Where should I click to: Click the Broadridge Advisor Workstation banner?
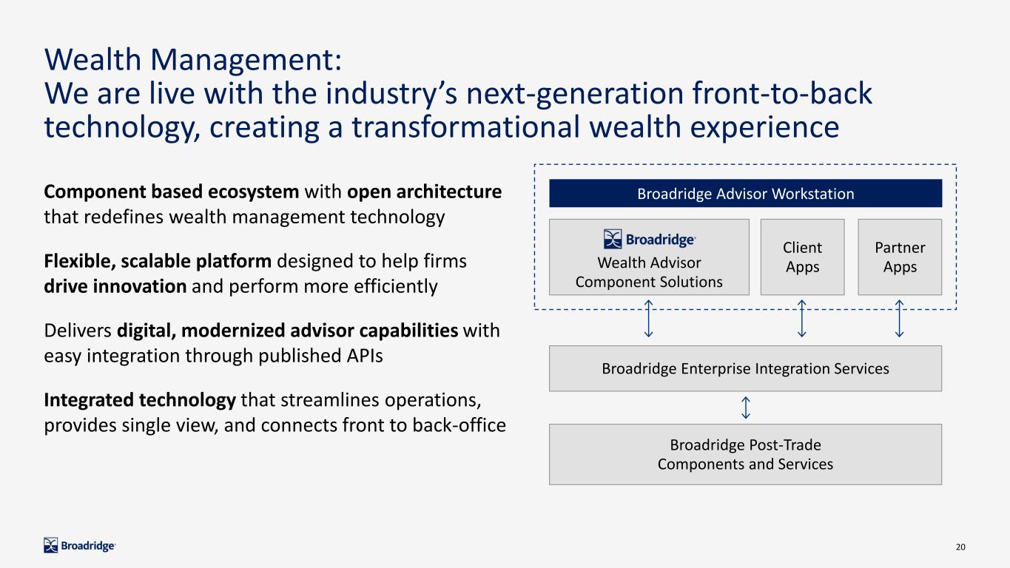tap(745, 193)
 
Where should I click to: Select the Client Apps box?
tap(802, 257)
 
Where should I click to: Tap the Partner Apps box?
tap(900, 257)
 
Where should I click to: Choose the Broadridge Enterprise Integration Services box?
tap(745, 368)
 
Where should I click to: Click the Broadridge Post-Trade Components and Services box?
tap(745, 454)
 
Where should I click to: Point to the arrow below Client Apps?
tap(801, 319)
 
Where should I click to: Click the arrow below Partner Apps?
tap(899, 319)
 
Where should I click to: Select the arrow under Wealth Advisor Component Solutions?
tap(648, 319)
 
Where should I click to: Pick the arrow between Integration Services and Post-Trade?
tap(746, 408)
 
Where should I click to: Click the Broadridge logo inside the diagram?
tap(650, 239)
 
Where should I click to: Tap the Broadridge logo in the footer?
tap(79, 546)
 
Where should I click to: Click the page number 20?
tap(960, 547)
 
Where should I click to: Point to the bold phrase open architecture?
tap(424, 192)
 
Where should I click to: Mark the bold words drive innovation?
tap(115, 286)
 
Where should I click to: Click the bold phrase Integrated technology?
tap(140, 400)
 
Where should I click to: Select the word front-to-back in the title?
tap(782, 93)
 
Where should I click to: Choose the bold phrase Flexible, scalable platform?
tap(158, 262)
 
